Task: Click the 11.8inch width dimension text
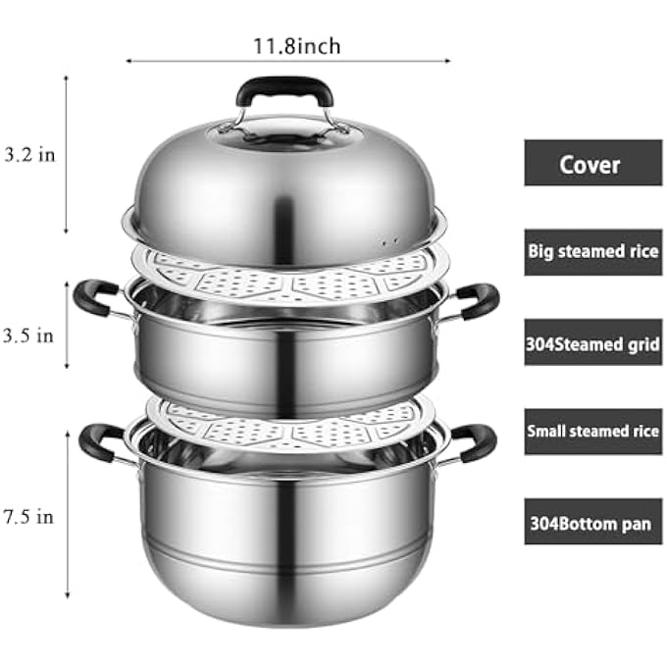(297, 46)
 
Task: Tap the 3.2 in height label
(29, 154)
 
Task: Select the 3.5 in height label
(28, 336)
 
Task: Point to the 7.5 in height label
(28, 517)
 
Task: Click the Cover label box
(593, 163)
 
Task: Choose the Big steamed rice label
(593, 252)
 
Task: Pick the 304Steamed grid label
(593, 342)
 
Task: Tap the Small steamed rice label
(593, 432)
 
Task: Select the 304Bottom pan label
(593, 522)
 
